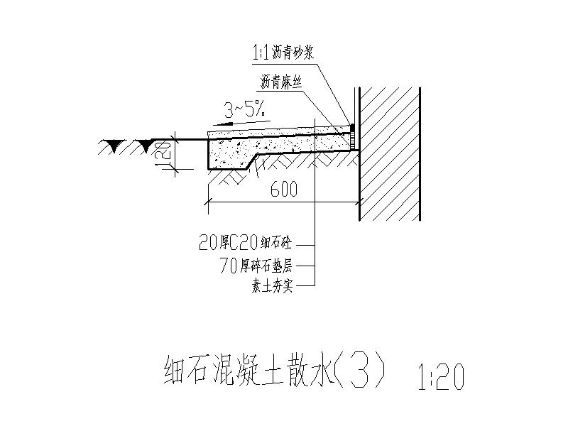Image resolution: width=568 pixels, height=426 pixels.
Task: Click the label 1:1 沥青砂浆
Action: click(283, 52)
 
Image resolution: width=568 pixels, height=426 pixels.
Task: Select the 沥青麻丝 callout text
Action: click(283, 82)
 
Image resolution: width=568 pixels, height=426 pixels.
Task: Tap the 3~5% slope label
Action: click(244, 109)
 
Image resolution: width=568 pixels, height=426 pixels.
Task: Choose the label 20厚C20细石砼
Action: click(246, 244)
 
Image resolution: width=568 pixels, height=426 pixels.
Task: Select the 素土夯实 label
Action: click(272, 287)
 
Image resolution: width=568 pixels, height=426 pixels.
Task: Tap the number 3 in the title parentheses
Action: click(364, 371)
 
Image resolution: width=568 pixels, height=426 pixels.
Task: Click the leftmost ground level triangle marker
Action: click(111, 146)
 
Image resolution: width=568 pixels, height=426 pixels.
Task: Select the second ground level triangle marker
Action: click(146, 146)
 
